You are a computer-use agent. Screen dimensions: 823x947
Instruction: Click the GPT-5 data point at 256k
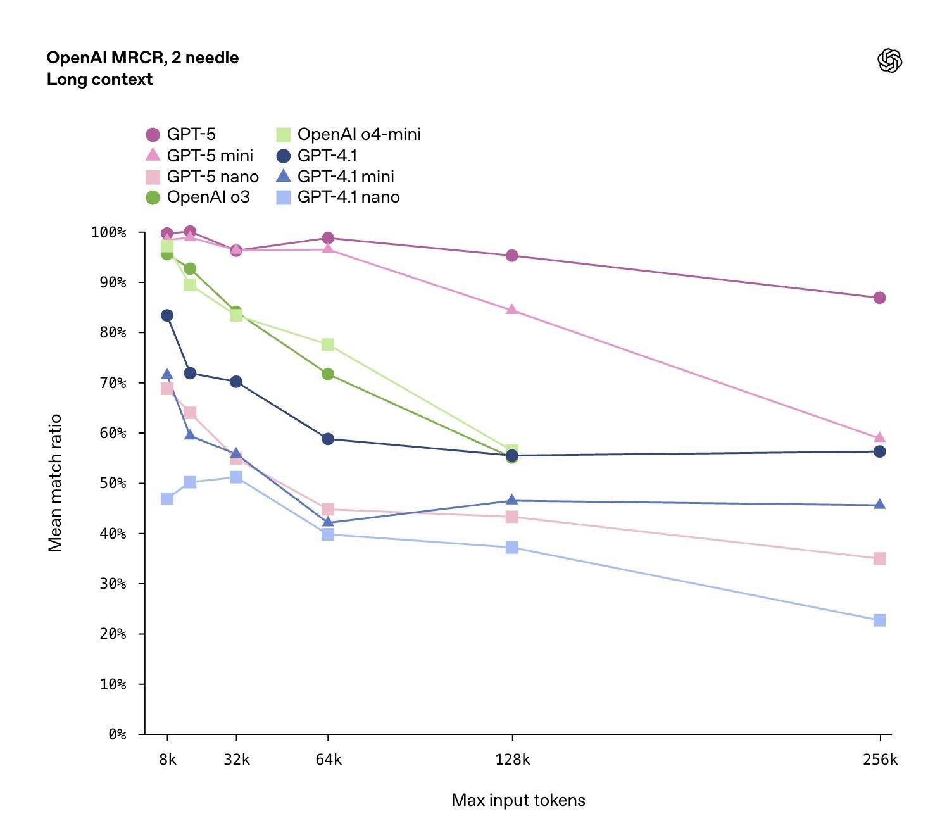[x=879, y=298]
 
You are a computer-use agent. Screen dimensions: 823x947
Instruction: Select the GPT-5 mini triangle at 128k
[x=512, y=310]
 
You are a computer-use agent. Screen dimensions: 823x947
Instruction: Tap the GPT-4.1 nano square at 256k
[x=879, y=620]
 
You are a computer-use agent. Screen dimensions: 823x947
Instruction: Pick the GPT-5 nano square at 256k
[x=879, y=558]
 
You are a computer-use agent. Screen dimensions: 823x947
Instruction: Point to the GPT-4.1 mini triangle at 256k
[x=879, y=505]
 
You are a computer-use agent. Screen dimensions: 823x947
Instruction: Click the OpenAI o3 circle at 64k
[x=328, y=374]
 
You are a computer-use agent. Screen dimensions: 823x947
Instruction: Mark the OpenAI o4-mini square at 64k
[x=328, y=344]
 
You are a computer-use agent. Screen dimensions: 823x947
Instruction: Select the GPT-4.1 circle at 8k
[x=167, y=315]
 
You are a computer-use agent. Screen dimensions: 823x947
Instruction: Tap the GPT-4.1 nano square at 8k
[x=167, y=499]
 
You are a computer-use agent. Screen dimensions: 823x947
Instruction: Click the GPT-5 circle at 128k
[x=512, y=256]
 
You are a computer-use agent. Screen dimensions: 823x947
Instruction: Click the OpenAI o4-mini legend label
[x=358, y=134]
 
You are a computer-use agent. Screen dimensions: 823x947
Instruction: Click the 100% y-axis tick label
[x=110, y=232]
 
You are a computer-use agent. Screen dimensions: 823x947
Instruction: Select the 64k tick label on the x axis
[x=329, y=760]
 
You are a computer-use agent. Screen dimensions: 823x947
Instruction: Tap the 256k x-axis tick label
[x=880, y=760]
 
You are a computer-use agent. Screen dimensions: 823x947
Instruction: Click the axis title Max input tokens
[x=518, y=800]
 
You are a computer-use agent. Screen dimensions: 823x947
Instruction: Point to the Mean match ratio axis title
[x=56, y=482]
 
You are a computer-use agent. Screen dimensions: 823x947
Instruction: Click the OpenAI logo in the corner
[x=889, y=61]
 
